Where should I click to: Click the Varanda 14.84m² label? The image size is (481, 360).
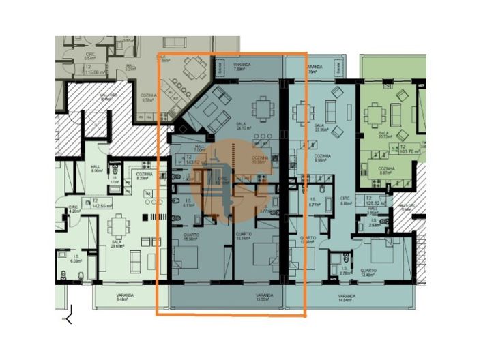point(348,297)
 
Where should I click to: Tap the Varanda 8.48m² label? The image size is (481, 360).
point(124,297)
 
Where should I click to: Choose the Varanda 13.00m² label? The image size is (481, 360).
point(264,297)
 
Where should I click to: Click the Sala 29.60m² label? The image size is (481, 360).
point(117,243)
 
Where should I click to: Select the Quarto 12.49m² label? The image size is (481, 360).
point(369,273)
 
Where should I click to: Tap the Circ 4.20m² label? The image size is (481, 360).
point(74,209)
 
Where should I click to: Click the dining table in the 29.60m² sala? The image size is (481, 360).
point(120,222)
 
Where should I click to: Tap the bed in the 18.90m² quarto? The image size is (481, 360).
point(187,258)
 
